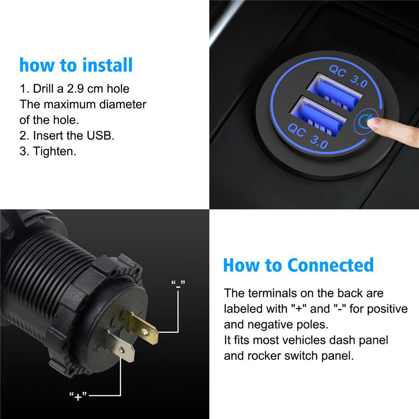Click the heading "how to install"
click(x=76, y=65)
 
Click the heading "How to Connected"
click(x=298, y=264)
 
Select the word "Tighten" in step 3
click(x=54, y=151)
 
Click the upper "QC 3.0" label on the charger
click(x=349, y=76)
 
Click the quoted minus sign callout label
click(x=178, y=284)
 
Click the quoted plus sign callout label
click(x=78, y=396)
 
